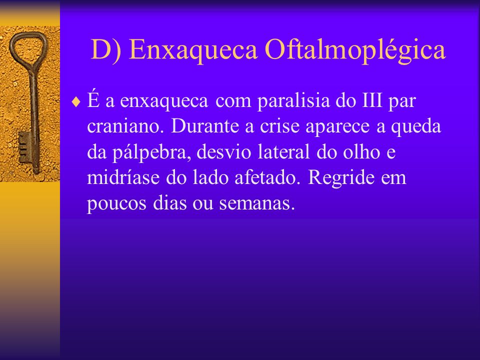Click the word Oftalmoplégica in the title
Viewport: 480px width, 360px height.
pyautogui.click(x=355, y=50)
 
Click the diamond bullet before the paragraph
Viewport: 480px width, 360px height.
pyautogui.click(x=75, y=102)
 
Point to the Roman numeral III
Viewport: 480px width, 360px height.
pyautogui.click(x=372, y=100)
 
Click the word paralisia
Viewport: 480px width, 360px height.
pyautogui.click(x=293, y=100)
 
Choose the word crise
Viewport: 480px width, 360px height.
pyautogui.click(x=279, y=126)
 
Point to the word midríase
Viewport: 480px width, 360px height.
pyautogui.click(x=123, y=177)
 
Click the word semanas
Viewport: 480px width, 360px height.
pyautogui.click(x=257, y=203)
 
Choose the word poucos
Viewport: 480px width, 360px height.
pyautogui.click(x=116, y=203)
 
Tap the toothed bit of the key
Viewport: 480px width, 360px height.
pyautogui.click(x=24, y=147)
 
